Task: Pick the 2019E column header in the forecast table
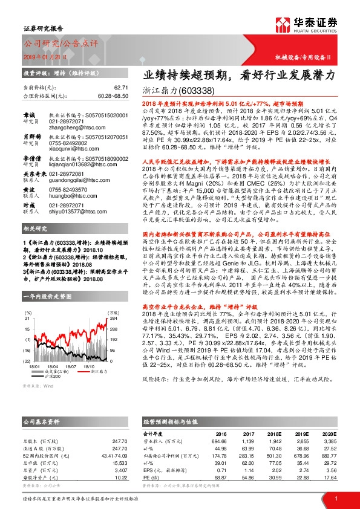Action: pos(303,433)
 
